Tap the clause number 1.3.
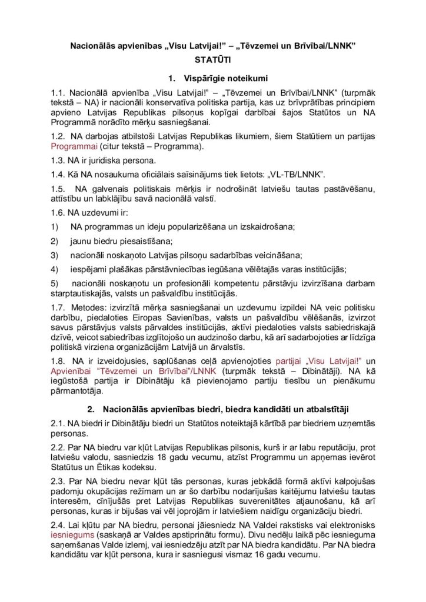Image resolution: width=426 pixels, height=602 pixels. point(58,160)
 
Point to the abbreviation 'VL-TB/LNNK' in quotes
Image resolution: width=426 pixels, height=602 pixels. point(297,175)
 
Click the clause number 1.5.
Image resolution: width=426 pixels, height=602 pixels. point(58,189)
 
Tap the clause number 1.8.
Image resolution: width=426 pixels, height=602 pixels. point(58,360)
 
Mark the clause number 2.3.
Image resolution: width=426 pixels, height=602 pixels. point(58,480)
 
